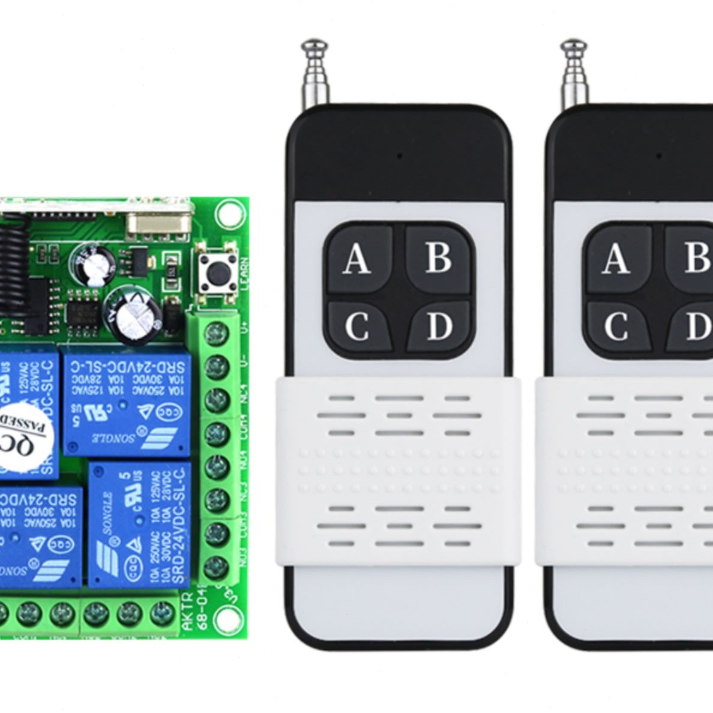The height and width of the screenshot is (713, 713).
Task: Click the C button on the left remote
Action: coord(357,326)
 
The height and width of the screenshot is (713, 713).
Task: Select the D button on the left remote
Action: coord(439,326)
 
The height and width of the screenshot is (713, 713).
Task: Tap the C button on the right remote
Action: coord(616,326)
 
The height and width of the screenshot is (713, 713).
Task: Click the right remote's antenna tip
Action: coord(573,46)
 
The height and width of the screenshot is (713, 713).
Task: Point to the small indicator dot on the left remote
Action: coord(399,155)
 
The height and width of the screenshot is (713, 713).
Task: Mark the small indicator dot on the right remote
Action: coord(658,155)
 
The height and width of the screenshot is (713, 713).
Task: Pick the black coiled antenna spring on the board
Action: coord(14,270)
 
